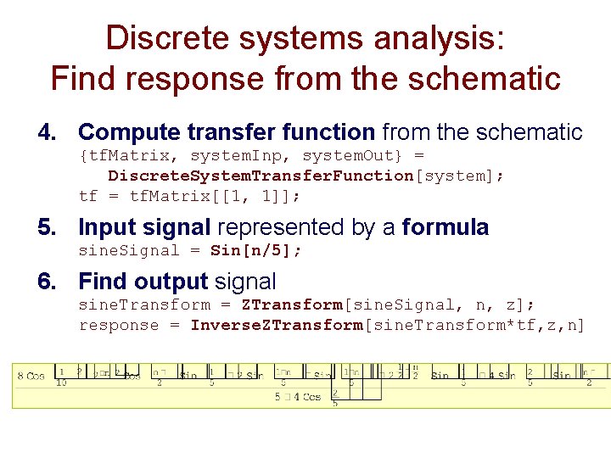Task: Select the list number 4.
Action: [48, 132]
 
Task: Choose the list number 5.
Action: [48, 227]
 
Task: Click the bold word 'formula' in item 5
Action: [446, 227]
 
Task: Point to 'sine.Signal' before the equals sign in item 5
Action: [129, 250]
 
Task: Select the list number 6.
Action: [48, 282]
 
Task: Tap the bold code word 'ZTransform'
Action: [291, 304]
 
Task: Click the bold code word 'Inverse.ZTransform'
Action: [276, 325]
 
